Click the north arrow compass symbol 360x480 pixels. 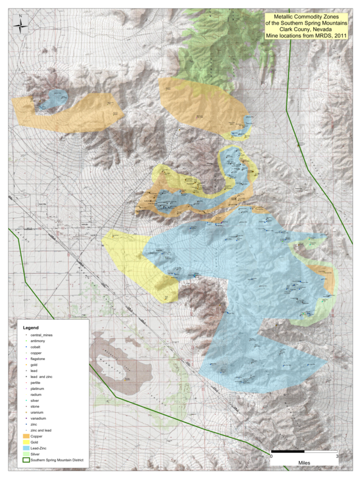22,25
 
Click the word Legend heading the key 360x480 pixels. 31,329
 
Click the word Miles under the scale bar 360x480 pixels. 304,463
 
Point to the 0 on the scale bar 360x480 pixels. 271,457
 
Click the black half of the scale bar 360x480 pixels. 287,451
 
